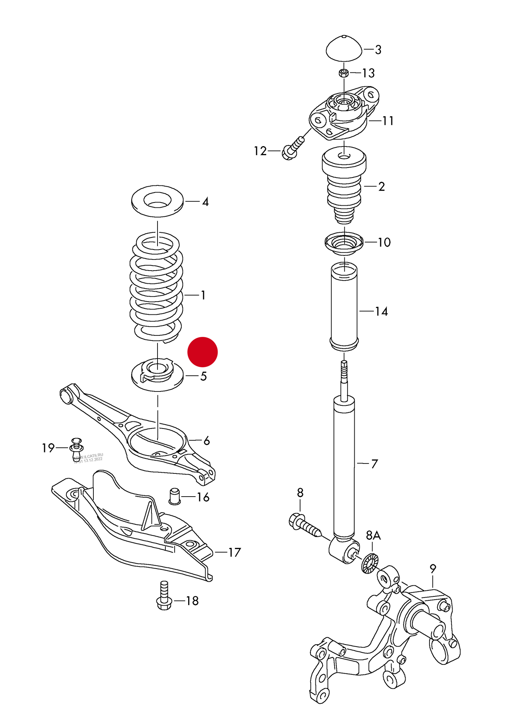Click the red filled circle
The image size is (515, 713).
point(202,352)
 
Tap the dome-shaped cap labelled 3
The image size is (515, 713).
point(344,49)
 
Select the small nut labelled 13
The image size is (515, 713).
point(344,73)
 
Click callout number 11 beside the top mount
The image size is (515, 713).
point(388,121)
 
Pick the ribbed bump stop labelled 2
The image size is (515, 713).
point(344,187)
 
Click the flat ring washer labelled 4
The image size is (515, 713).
point(157,201)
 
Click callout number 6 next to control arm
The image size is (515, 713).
point(206,441)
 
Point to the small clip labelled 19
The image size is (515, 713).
point(77,447)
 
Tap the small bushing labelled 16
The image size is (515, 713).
point(174,496)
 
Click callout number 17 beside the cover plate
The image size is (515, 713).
point(234,552)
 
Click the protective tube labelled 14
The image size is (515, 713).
point(344,307)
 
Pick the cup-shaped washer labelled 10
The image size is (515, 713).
point(344,243)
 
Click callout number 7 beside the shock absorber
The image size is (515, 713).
point(374,464)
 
